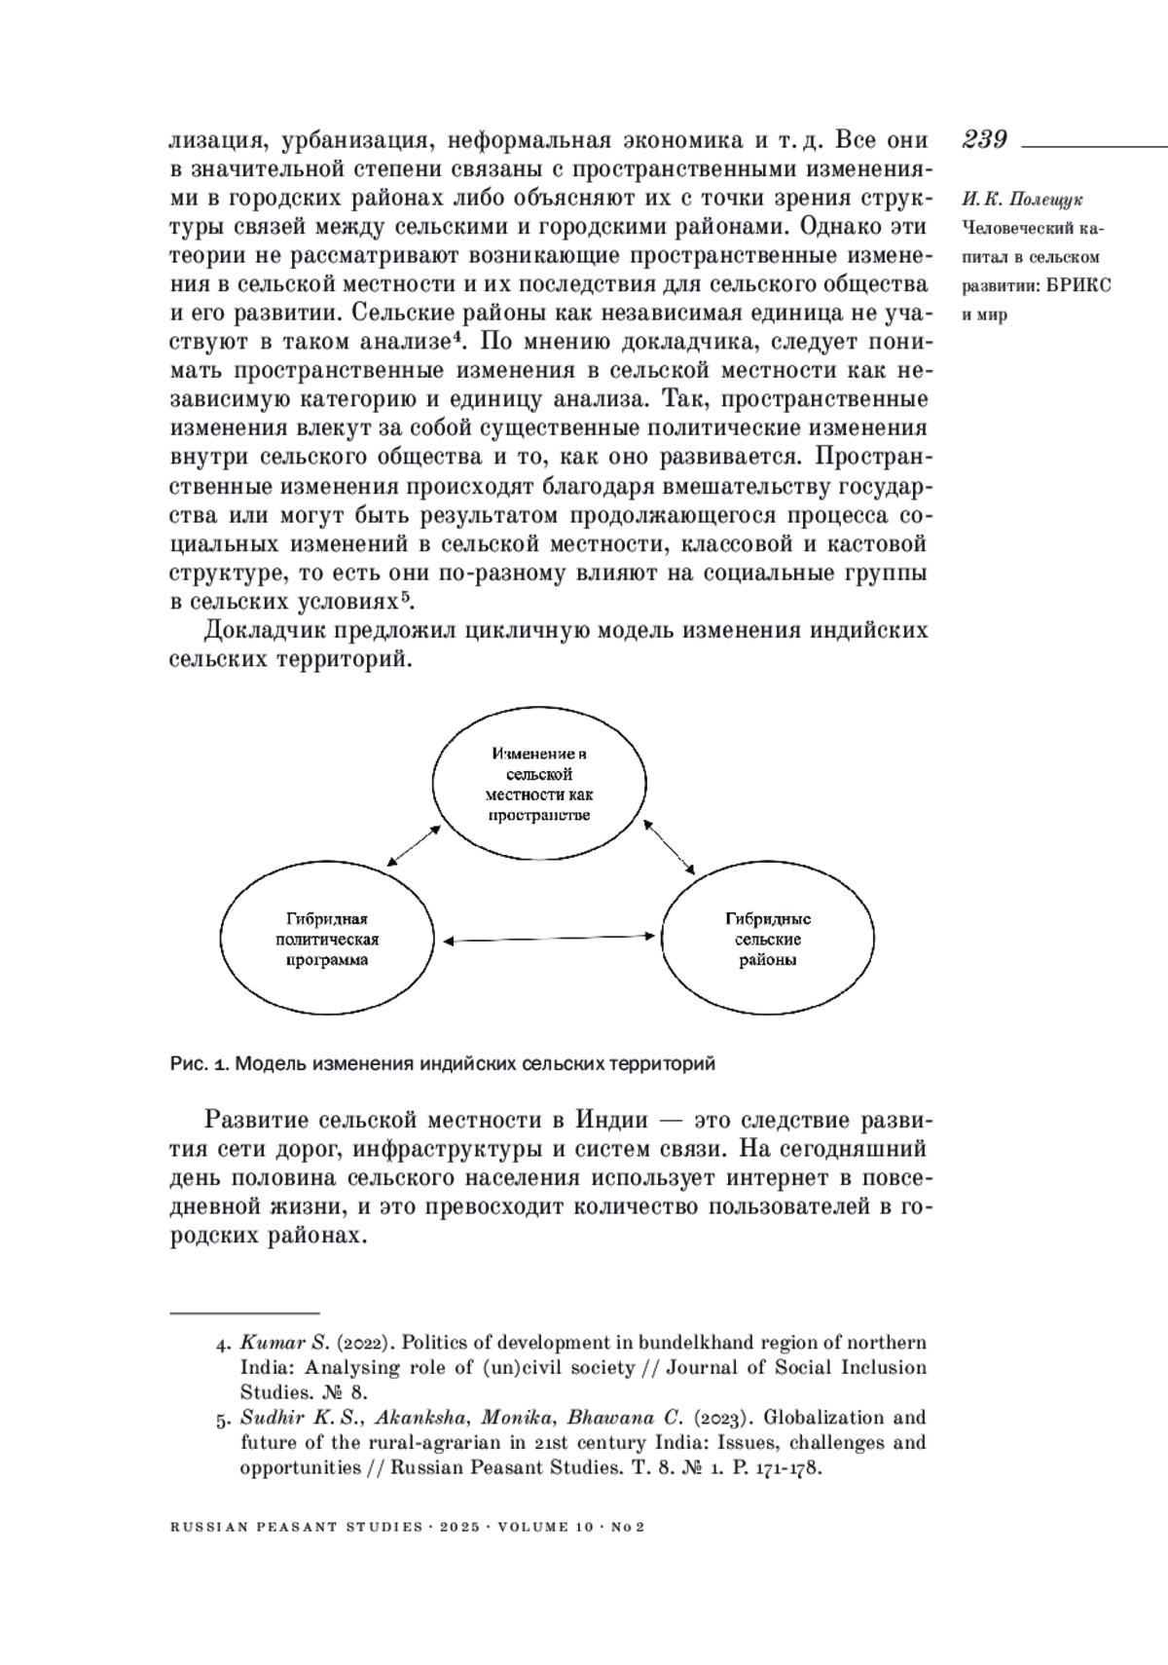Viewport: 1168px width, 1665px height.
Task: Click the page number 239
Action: [x=985, y=139]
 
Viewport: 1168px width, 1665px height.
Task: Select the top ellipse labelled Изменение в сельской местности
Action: [x=539, y=785]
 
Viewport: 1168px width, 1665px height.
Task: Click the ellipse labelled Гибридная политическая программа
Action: [x=327, y=940]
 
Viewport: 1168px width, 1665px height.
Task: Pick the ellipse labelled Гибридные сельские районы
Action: [x=767, y=940]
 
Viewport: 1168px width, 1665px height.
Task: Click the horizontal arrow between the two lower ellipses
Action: [x=548, y=939]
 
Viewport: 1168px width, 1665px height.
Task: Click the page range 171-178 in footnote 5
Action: [x=789, y=1467]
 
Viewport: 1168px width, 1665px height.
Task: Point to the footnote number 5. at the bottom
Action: [x=223, y=1418]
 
